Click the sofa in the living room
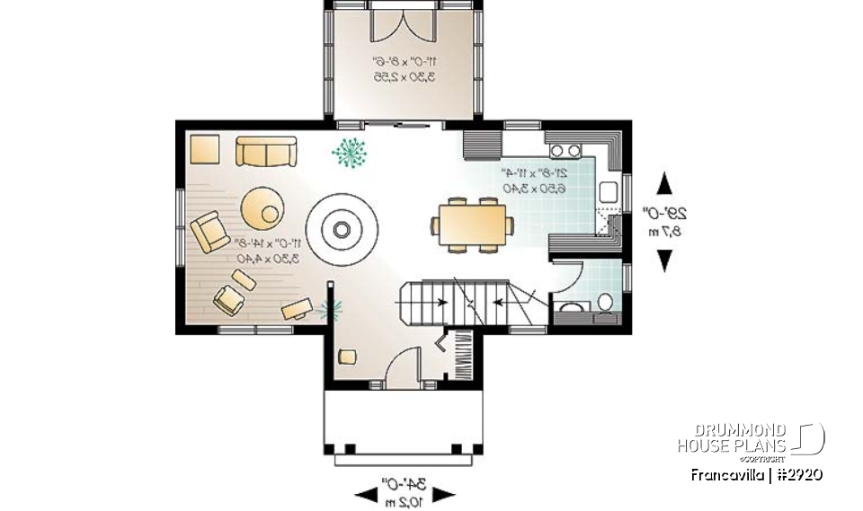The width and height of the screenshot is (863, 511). [266, 151]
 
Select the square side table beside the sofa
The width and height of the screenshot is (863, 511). [204, 148]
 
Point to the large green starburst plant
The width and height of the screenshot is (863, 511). [349, 153]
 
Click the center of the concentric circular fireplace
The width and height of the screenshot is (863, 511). [342, 229]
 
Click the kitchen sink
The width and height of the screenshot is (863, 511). [608, 190]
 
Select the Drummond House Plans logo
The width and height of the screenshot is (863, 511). [750, 438]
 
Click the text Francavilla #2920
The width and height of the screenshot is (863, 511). [756, 473]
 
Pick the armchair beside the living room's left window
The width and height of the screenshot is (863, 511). [209, 231]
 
